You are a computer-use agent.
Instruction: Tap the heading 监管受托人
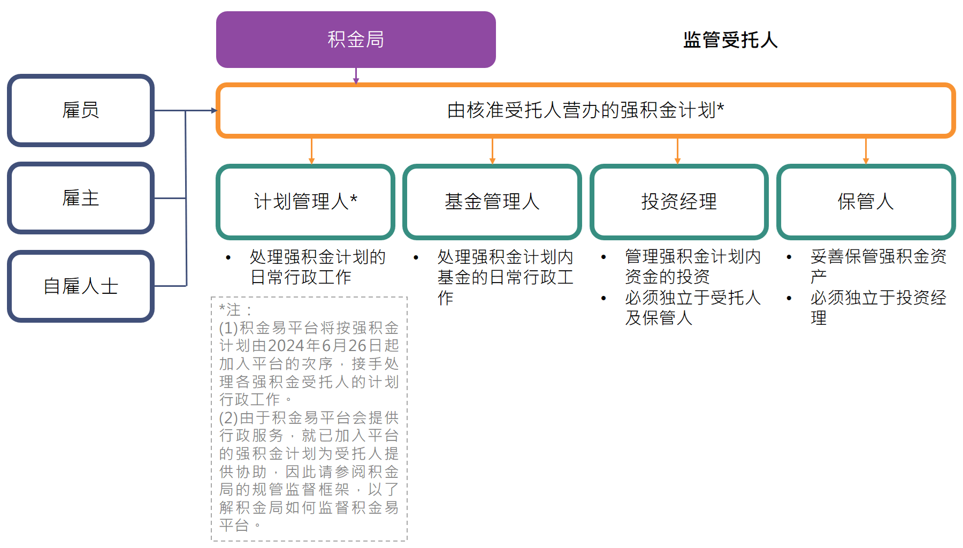point(730,40)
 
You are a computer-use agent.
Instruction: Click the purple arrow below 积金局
point(356,76)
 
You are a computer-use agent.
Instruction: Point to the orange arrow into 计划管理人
point(311,151)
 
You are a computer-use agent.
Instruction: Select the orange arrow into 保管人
point(866,151)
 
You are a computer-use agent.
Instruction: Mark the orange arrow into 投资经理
point(677,151)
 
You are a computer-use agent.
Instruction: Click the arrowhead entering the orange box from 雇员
point(214,110)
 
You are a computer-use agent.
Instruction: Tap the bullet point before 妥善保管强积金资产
point(789,257)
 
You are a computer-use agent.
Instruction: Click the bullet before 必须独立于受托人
point(603,298)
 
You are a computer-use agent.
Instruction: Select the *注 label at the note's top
point(230,309)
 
